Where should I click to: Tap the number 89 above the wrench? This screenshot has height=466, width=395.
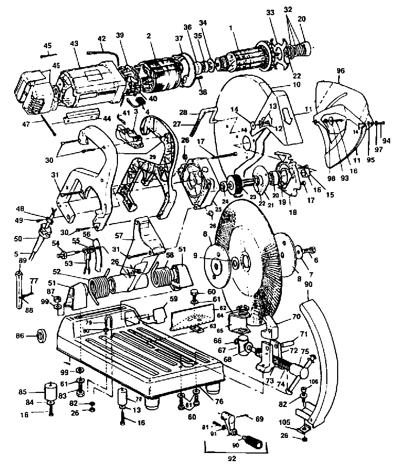[22, 260]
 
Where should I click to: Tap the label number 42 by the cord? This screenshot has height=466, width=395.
[102, 39]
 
